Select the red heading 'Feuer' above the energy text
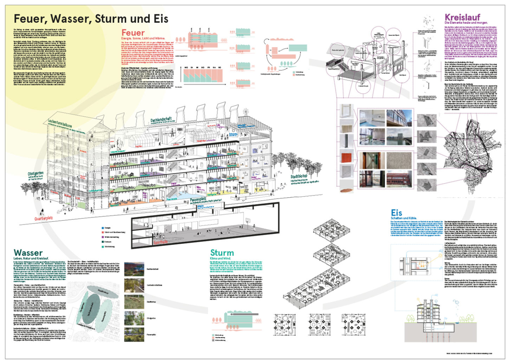tap(133, 33)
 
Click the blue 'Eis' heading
tap(396, 213)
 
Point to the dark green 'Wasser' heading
tap(28, 252)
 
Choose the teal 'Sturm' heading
tap(222, 253)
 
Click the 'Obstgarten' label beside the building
tap(36, 174)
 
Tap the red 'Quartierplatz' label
tap(46, 218)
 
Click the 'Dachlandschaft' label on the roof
tap(161, 120)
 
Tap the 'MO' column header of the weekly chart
tap(187, 67)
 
